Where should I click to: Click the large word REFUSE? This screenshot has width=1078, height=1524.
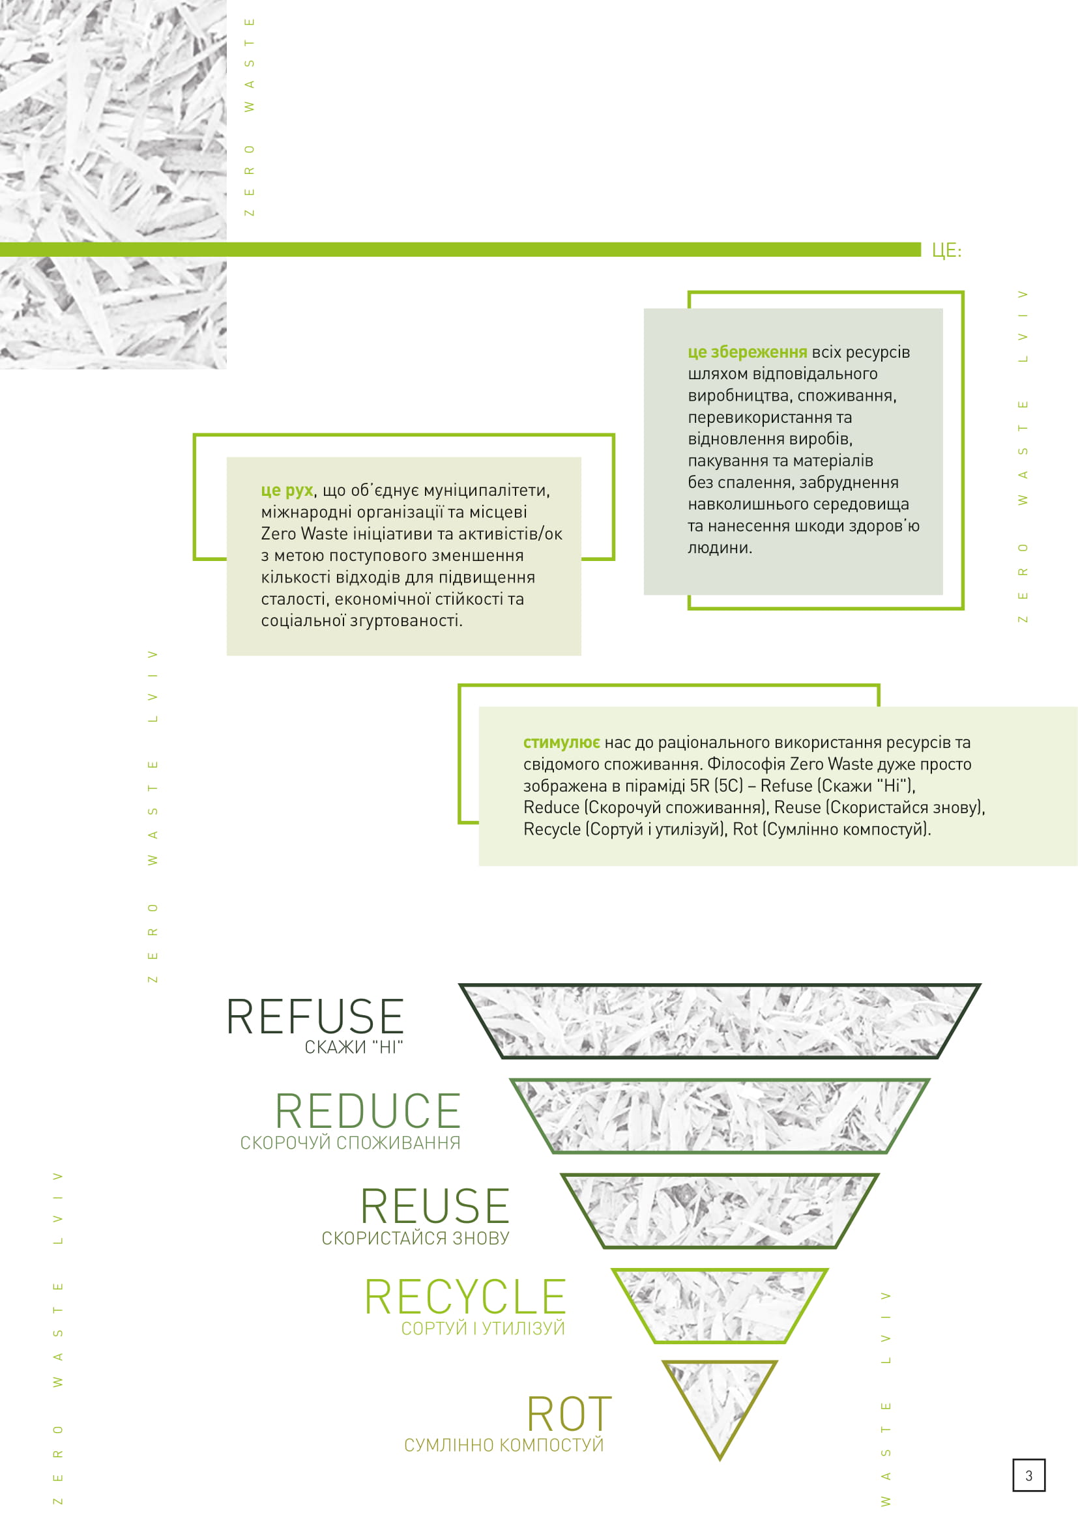(x=315, y=1017)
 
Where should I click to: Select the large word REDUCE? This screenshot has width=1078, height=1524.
(x=368, y=1112)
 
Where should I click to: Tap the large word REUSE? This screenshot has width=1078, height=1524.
(x=435, y=1207)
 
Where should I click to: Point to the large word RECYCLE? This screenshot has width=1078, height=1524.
(x=465, y=1298)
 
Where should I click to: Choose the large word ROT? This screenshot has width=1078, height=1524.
(x=569, y=1415)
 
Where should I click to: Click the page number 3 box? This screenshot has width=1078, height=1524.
(x=1028, y=1476)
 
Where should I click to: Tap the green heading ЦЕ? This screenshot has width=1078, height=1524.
(x=946, y=250)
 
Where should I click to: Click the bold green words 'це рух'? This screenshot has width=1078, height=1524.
(x=287, y=491)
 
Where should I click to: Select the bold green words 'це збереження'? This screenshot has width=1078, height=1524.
(x=747, y=352)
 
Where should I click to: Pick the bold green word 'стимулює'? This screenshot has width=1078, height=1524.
(x=561, y=742)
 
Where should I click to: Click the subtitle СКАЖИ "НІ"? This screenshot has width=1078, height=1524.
(x=354, y=1048)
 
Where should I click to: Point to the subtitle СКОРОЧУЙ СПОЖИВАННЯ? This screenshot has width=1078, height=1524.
(x=350, y=1142)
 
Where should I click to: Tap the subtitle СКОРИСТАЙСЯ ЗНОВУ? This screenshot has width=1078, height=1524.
(x=416, y=1238)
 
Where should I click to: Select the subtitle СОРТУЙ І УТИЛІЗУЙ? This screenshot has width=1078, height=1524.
(x=482, y=1328)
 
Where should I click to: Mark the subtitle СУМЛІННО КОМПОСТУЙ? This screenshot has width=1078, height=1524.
(x=504, y=1445)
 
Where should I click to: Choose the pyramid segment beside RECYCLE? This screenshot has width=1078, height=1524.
(x=720, y=1304)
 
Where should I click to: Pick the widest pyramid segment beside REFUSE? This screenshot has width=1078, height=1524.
(x=720, y=1021)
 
